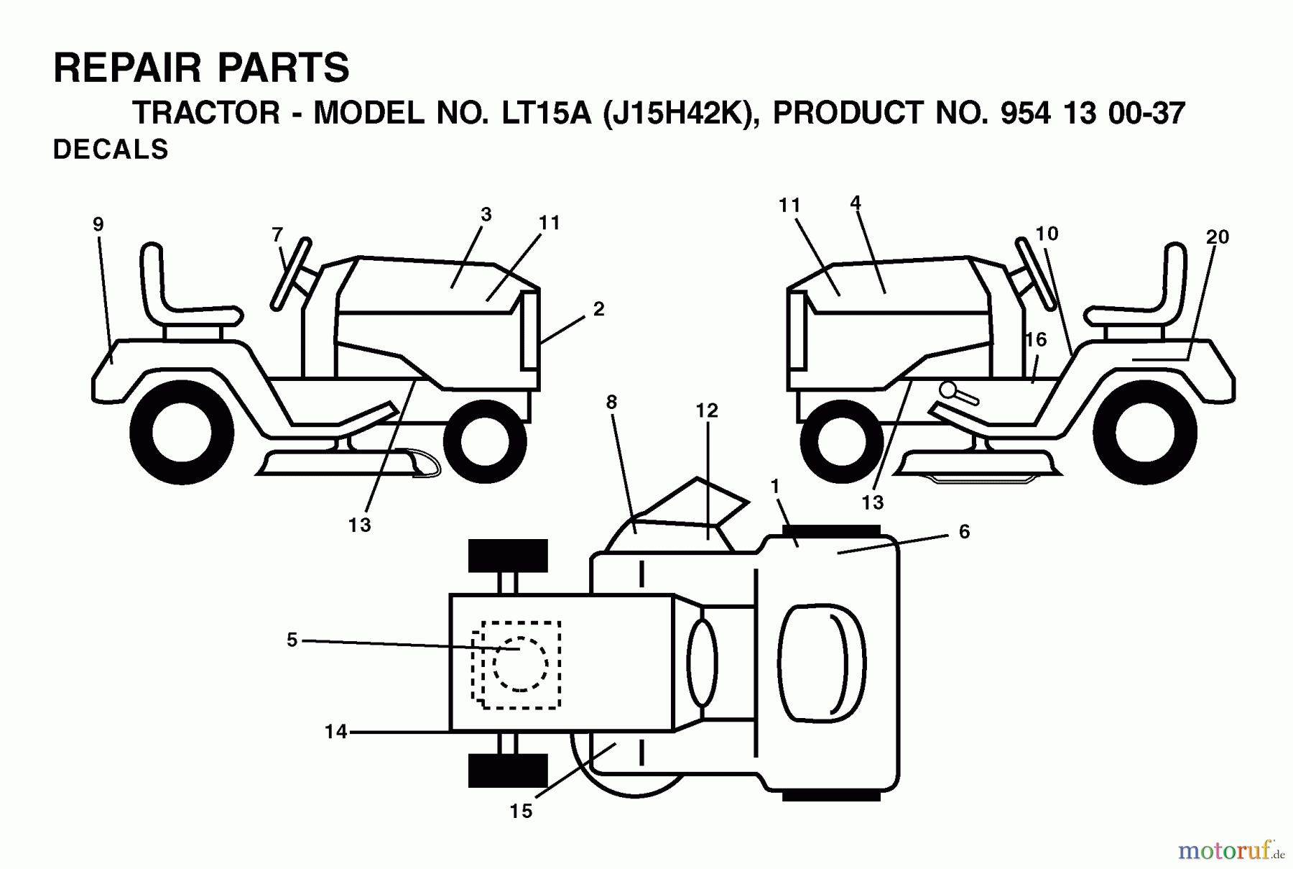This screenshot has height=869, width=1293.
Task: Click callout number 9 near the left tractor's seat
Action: (98, 224)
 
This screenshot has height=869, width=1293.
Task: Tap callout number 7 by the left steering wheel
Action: (277, 234)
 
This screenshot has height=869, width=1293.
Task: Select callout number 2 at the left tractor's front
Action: (598, 309)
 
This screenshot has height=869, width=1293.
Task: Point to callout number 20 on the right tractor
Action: (1218, 236)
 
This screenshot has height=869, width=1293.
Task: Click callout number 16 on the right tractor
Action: (1035, 339)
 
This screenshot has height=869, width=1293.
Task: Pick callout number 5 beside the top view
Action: (292, 640)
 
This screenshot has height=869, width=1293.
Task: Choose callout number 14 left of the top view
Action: (335, 732)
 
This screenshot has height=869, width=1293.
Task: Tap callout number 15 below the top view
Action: (521, 811)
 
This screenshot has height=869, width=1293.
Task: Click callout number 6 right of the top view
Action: (964, 531)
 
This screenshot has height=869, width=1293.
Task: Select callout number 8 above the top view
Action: (611, 403)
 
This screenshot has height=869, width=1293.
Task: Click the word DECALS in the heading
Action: (111, 150)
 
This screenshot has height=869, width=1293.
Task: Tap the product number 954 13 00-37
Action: (1092, 114)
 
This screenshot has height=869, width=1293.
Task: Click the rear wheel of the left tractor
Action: (182, 433)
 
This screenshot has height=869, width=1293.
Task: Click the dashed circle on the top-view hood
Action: (520, 664)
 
